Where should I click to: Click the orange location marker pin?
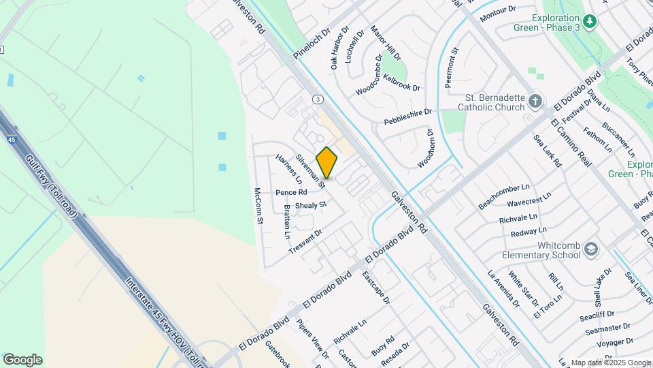point(327,162)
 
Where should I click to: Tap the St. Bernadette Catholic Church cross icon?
point(536,102)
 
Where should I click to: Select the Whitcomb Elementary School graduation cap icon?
point(590,250)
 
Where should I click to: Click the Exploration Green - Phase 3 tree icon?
point(590,22)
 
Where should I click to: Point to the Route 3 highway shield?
point(318,99)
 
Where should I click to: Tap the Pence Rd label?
point(291,193)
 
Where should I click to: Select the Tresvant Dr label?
point(305,242)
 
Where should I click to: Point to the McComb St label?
point(258,205)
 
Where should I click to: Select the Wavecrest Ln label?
point(529,202)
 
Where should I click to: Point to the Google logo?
point(22,359)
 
